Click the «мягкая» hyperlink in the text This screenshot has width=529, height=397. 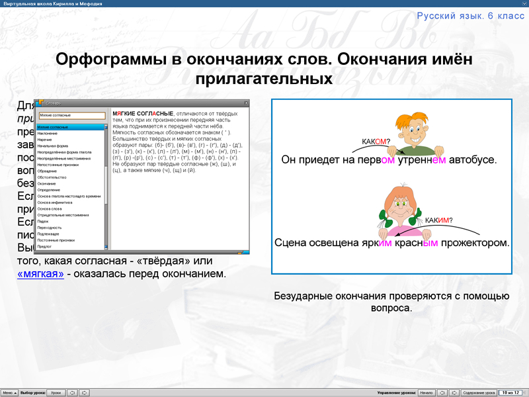pos(40,273)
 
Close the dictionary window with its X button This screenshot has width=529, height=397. pos(246,103)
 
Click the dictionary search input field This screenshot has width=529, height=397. pos(71,115)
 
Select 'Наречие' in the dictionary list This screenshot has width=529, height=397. pos(47,140)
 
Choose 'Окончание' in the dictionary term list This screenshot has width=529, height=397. pos(48,184)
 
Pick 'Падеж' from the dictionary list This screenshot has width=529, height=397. pos(43,221)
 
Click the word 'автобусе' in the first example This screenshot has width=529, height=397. pos(473,160)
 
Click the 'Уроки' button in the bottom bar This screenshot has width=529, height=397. pos(56,392)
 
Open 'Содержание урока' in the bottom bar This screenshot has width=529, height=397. pos(477,392)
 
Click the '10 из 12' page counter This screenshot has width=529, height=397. pos(511,392)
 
